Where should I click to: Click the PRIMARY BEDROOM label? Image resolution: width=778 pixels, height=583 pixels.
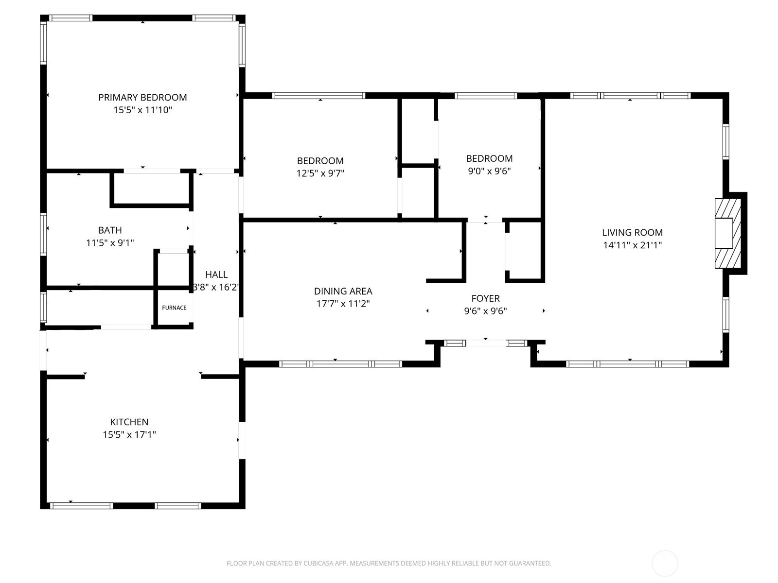[142, 97]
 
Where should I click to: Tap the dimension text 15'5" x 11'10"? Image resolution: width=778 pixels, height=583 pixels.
[142, 110]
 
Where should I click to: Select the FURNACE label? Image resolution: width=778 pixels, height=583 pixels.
[174, 308]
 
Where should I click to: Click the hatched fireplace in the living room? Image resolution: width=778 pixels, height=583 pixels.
[727, 233]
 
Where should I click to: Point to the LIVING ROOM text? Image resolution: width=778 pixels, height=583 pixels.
[632, 233]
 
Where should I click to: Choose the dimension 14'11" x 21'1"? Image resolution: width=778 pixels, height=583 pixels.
[632, 245]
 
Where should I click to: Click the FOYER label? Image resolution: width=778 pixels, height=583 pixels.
[485, 298]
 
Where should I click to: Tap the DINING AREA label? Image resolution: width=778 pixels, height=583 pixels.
[343, 291]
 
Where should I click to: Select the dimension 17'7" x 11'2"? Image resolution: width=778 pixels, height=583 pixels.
[343, 304]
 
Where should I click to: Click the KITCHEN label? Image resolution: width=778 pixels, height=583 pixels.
[129, 422]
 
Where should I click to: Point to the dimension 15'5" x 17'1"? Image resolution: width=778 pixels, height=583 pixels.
[129, 435]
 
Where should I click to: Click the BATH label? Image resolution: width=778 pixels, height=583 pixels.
[110, 230]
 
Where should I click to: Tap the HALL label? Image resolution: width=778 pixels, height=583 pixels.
[216, 274]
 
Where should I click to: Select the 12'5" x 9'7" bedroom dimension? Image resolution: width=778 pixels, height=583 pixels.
[320, 173]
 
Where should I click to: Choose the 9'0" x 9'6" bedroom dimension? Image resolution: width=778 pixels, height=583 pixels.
[489, 171]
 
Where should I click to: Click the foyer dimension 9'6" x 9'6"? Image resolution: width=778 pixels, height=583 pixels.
[485, 311]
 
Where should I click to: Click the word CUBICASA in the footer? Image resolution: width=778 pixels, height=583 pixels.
[319, 564]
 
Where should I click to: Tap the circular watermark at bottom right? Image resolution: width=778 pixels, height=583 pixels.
[665, 564]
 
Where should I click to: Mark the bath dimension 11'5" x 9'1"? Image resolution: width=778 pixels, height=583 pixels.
[110, 243]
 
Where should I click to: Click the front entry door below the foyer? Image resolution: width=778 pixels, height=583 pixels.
[486, 343]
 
